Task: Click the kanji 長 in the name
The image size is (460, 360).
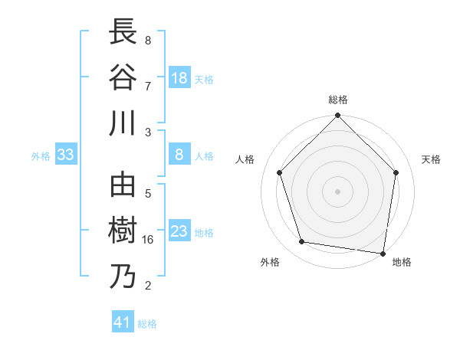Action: click(123, 33)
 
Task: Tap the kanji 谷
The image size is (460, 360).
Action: click(123, 77)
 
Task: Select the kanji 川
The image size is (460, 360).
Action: click(123, 123)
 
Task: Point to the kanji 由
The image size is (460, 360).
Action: click(123, 186)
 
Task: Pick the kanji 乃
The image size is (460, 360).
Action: click(123, 276)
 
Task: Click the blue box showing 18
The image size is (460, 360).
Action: click(179, 78)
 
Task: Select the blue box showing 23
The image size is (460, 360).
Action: click(179, 231)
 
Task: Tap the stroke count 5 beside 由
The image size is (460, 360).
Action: click(148, 194)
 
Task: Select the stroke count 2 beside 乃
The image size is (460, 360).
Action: click(148, 285)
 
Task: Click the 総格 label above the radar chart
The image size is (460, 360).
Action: click(337, 100)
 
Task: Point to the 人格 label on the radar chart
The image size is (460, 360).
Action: click(246, 159)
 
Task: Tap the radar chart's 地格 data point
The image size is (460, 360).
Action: click(383, 253)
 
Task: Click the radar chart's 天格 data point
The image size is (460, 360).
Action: click(396, 172)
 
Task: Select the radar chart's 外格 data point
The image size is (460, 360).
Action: click(302, 242)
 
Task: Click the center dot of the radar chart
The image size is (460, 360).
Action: click(337, 191)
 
